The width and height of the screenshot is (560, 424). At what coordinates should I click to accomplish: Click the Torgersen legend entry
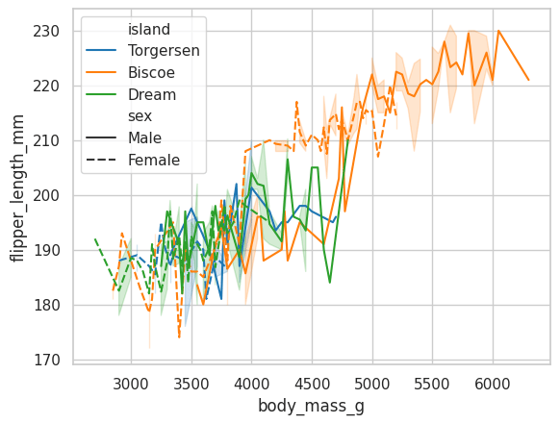point(142,50)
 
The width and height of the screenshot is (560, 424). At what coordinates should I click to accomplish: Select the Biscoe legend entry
point(130,72)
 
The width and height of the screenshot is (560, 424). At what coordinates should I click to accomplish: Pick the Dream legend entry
point(131,94)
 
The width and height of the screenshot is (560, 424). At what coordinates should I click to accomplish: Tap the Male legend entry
point(123,137)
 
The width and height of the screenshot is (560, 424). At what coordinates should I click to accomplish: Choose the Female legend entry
point(133,160)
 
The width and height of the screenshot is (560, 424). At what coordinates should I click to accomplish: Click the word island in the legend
point(149,29)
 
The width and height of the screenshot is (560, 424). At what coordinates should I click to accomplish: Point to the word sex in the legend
point(140,116)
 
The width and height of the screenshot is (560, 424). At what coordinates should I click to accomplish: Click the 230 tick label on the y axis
point(46,32)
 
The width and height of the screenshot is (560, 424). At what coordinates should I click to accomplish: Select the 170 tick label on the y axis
point(46,360)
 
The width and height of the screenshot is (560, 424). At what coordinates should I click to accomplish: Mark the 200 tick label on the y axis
point(46,195)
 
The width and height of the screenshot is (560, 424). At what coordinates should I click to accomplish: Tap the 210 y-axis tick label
point(46,141)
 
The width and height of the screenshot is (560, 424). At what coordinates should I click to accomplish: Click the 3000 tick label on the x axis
point(131,384)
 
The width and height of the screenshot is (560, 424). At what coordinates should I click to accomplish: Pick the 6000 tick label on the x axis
point(493,384)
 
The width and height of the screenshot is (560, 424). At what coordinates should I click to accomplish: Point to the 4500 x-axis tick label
point(312,384)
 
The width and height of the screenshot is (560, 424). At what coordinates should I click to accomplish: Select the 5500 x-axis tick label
point(432,384)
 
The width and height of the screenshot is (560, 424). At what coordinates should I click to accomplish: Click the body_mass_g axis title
point(311,407)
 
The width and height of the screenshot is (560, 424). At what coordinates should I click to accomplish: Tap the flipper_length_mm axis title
point(17,188)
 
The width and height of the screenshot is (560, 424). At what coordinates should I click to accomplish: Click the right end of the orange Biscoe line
point(528,80)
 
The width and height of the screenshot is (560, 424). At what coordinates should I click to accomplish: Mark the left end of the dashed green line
point(95,238)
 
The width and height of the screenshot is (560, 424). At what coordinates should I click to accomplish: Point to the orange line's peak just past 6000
point(498,31)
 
